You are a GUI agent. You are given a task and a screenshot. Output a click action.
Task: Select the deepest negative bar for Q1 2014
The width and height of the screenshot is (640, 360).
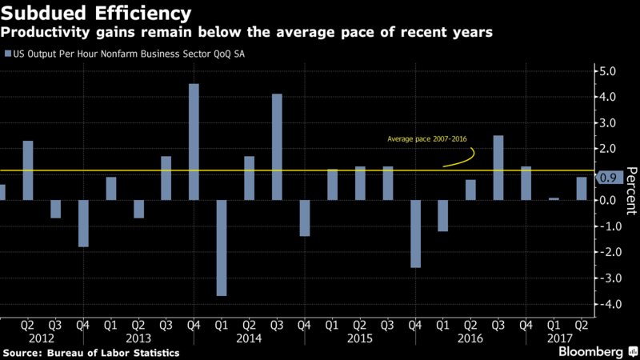coord(222,248)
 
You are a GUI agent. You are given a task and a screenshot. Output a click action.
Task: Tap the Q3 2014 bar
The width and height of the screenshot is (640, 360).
coord(277,147)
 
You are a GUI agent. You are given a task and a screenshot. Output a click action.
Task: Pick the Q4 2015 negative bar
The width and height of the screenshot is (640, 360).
coord(415,234)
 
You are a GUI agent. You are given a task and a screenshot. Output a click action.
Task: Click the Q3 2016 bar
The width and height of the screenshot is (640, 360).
coord(498,168)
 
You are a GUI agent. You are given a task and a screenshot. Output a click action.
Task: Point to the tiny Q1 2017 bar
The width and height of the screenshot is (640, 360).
coord(554,198)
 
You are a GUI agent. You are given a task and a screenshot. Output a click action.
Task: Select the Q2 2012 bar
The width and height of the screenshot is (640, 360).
coord(28,170)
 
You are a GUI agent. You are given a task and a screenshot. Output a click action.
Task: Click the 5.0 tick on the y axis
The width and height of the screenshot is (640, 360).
coord(608,71)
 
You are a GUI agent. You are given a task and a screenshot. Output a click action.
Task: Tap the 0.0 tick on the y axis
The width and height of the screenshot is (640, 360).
coord(608,201)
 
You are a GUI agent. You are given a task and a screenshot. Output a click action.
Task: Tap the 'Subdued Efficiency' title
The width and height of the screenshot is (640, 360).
coord(97,14)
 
